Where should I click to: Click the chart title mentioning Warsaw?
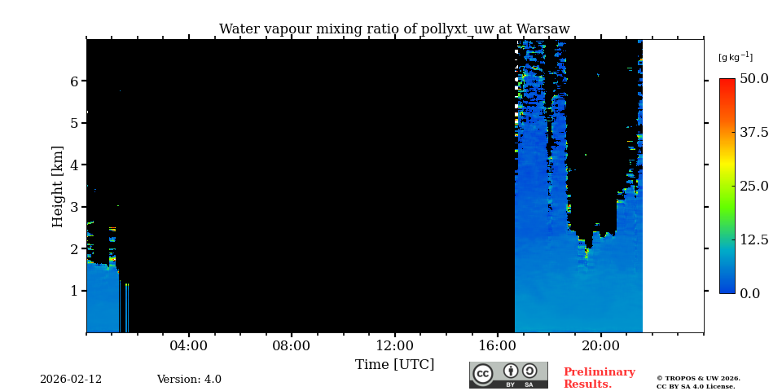pos(394,29)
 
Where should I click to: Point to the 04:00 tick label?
pos(188,346)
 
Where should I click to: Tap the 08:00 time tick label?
pos(291,346)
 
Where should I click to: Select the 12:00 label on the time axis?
pos(394,346)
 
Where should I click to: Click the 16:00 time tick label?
pos(497,346)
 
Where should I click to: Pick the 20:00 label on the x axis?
pos(600,346)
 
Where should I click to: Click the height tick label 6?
pos(73,81)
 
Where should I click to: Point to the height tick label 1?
pos(73,291)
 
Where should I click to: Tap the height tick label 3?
pos(73,207)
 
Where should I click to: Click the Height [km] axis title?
pos(58,186)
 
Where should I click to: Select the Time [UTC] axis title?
pos(394,365)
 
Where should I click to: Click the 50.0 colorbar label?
pos(753,79)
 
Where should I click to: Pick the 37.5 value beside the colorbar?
pos(753,133)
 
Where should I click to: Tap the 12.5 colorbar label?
pos(753,239)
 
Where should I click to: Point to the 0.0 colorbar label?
pos(749,293)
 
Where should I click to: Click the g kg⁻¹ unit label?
pos(735,57)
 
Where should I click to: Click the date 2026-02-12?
pos(71,380)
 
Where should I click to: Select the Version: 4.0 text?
pos(189,380)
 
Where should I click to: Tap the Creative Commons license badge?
pos(508,375)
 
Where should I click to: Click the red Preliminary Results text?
pos(599,378)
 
